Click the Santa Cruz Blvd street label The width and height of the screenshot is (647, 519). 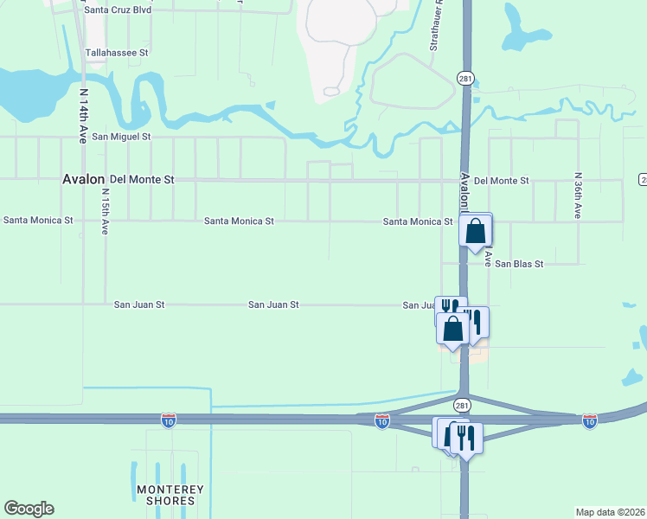click(129, 10)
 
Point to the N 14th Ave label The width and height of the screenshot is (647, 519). click(84, 115)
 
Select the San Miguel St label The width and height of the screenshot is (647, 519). click(122, 137)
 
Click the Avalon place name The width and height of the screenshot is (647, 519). click(84, 179)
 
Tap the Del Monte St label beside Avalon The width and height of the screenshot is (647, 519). click(142, 180)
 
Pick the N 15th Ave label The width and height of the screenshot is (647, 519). click(106, 213)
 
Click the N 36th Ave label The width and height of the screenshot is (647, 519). click(578, 195)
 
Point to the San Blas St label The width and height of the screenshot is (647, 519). click(519, 264)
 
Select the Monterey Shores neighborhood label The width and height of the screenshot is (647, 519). click(170, 496)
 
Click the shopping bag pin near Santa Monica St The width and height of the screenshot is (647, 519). click(476, 231)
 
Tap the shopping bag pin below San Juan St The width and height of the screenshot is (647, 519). click(453, 329)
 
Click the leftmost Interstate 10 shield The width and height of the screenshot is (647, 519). click(169, 420)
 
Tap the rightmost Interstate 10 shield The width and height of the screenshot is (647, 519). click(589, 420)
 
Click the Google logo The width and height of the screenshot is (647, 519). click(29, 509)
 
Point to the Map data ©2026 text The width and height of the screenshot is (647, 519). click(611, 512)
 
